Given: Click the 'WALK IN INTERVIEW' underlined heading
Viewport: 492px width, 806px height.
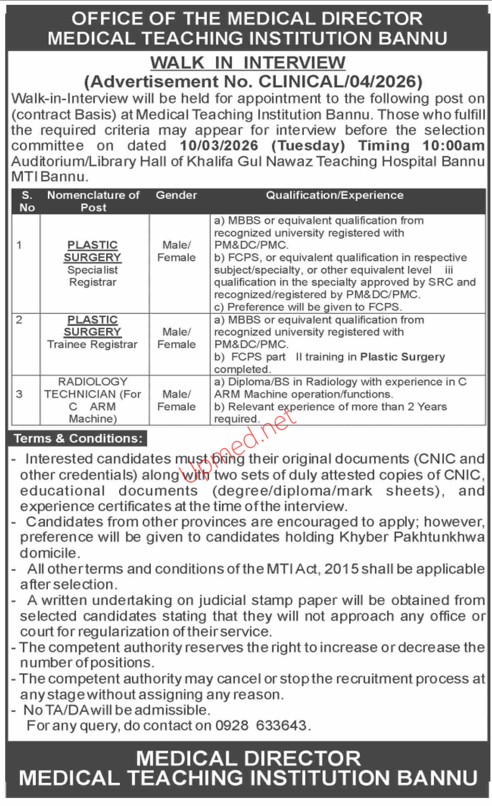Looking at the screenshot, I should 248,63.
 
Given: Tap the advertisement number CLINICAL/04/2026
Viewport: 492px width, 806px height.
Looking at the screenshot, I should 340,82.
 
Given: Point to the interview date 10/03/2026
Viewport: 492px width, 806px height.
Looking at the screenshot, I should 219,146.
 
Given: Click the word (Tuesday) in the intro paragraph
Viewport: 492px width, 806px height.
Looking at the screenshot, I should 308,146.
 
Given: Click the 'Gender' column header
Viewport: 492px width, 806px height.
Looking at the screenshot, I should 176,195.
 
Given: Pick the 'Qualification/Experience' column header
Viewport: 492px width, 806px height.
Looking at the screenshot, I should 334,195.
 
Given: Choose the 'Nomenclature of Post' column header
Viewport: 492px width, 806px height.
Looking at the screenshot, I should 93,201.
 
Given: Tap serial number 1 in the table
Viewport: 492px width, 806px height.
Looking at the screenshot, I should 19,245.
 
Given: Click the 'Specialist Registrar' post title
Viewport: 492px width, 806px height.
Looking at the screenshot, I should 93,276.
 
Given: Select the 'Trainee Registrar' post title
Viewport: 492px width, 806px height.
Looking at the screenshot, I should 92,344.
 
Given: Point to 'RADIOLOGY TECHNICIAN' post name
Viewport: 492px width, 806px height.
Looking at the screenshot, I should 93,388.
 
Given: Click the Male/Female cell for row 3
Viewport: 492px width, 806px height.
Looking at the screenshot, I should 176,400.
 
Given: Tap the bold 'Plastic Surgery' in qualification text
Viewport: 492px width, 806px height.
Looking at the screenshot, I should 402,357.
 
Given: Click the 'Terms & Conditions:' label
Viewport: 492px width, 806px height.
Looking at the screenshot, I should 78,438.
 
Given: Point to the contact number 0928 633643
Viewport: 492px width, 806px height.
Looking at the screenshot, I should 261,726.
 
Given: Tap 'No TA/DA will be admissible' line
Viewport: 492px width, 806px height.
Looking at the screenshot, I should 117,710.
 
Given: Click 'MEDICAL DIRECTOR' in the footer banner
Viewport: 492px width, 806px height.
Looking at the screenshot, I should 248,759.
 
